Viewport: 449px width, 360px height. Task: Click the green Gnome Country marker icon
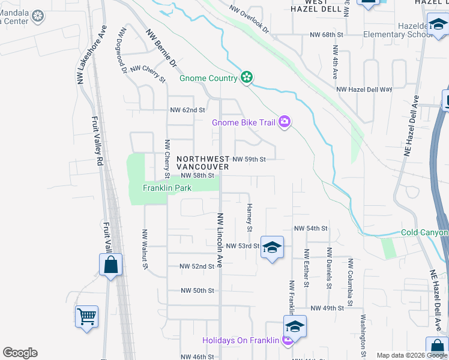[x=246, y=77]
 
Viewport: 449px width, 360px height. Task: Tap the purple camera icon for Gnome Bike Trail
[x=285, y=122]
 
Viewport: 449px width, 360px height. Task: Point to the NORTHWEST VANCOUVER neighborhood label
[x=203, y=163]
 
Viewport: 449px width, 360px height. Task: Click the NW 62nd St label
[x=187, y=110]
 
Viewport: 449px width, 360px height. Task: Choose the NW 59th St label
[x=249, y=159]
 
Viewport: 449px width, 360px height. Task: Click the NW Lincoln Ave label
[x=220, y=240]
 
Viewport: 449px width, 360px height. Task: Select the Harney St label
[x=249, y=217]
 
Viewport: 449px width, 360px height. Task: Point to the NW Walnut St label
[x=145, y=250]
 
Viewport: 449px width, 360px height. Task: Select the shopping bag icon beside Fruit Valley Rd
[x=110, y=264]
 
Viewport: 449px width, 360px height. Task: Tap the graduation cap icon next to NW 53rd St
[x=272, y=247]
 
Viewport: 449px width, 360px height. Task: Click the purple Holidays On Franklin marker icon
[x=287, y=341]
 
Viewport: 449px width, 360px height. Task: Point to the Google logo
[x=20, y=353]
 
